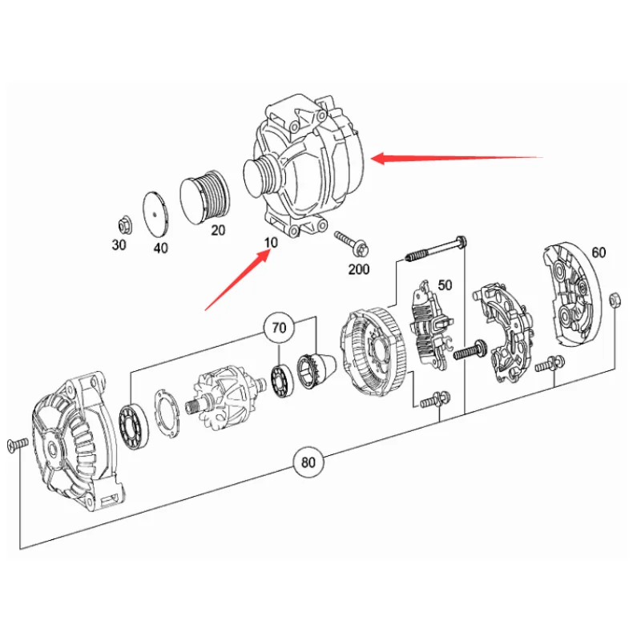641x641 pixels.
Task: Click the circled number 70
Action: pos(279,328)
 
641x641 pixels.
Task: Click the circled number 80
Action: pos(308,462)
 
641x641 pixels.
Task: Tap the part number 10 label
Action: pos(271,243)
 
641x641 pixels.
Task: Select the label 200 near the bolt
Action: pos(358,269)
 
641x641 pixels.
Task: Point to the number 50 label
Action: pos(445,285)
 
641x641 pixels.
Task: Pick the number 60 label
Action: pos(599,252)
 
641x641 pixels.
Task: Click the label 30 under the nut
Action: pos(119,245)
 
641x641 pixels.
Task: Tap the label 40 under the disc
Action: pos(161,248)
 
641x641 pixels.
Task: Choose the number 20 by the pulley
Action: pos(218,231)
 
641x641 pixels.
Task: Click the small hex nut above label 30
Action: pos(124,225)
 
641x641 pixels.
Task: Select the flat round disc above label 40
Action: pos(155,213)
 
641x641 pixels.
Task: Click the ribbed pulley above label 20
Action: pos(205,197)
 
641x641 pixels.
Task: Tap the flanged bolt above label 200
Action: pos(352,244)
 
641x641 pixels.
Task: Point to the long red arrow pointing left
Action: pos(457,158)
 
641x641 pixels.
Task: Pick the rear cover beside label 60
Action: pos(571,294)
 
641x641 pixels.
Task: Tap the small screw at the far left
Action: pos(18,445)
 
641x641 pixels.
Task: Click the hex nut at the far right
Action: pos(615,300)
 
